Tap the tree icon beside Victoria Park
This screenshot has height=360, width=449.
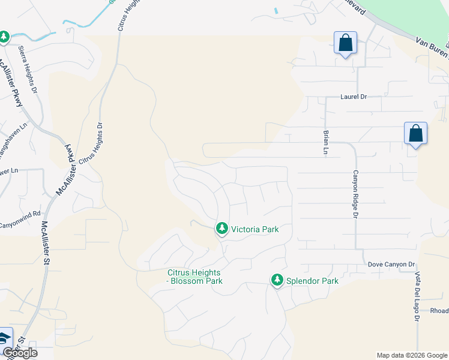pyautogui.click(x=222, y=228)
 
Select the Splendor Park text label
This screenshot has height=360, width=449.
pyautogui.click(x=312, y=281)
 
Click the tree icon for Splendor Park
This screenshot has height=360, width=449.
pyautogui.click(x=277, y=280)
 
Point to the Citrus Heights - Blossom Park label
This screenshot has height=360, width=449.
pyautogui.click(x=194, y=277)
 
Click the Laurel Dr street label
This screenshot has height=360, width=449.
pyautogui.click(x=353, y=96)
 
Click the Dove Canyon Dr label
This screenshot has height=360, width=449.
pyautogui.click(x=391, y=264)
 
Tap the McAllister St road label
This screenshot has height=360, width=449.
pyautogui.click(x=46, y=242)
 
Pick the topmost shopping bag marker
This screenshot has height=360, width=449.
pyautogui.click(x=345, y=43)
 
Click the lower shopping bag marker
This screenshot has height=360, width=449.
pyautogui.click(x=415, y=134)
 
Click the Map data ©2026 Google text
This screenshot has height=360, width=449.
pyautogui.click(x=411, y=355)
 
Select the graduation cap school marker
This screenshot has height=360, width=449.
pyautogui.click(x=4, y=338)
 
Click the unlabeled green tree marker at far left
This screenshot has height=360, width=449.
pyautogui.click(x=4, y=37)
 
